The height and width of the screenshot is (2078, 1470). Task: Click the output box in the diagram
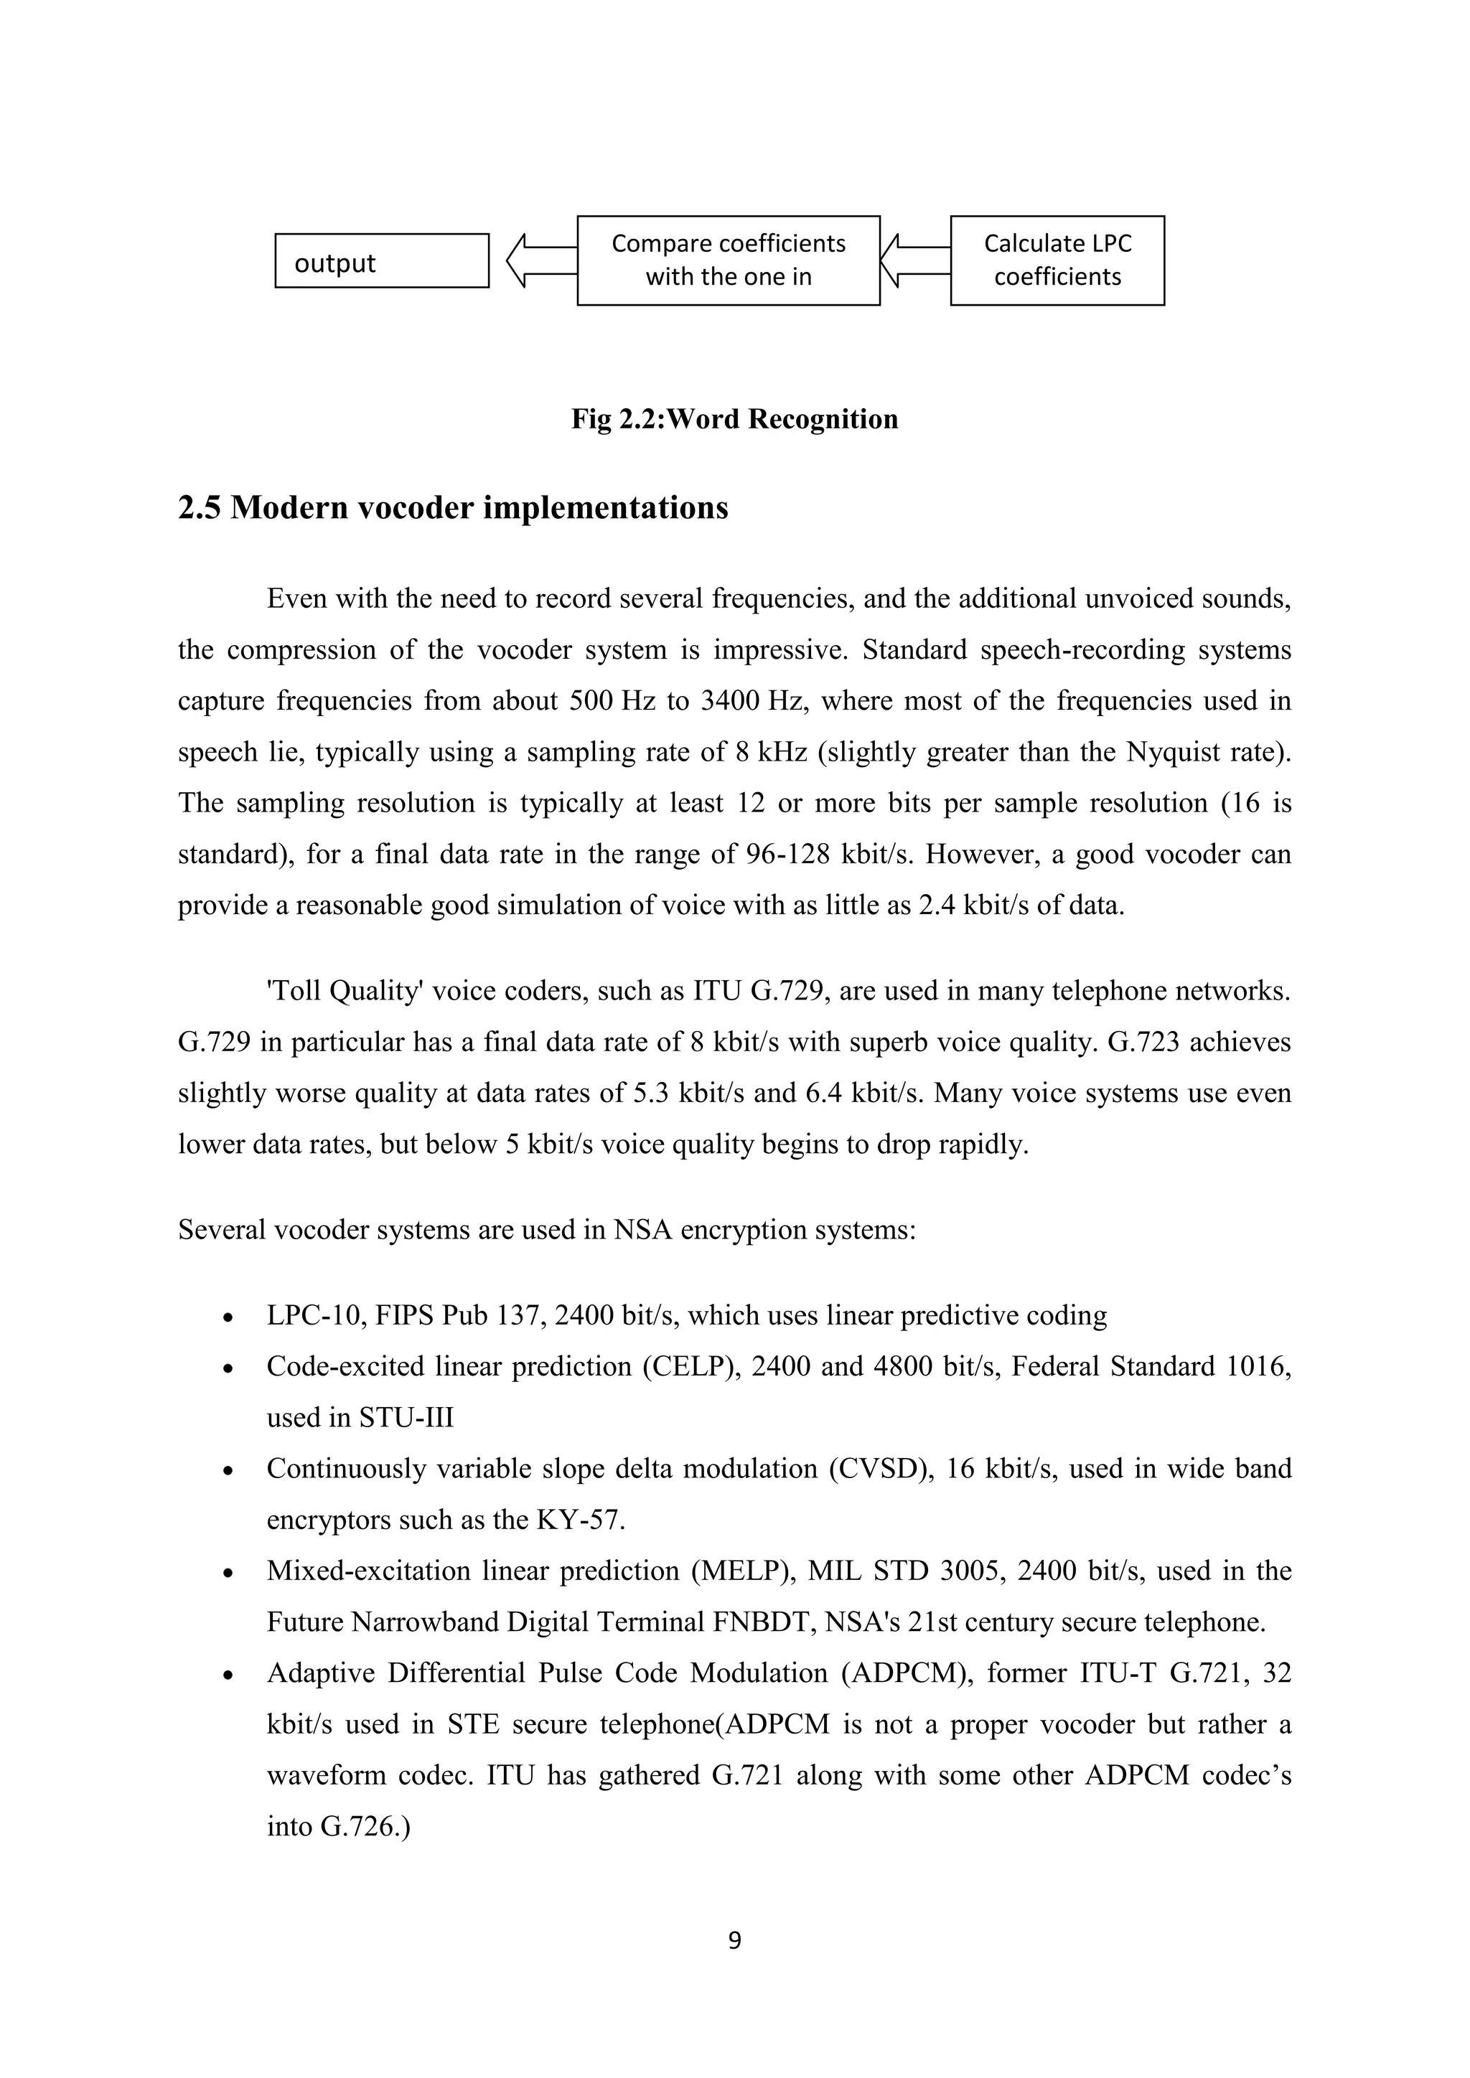tap(381, 260)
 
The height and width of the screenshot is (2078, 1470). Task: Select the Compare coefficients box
tap(728, 260)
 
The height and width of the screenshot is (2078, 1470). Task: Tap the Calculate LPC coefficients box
tap(1057, 260)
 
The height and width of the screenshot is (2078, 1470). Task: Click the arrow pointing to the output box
tap(540, 260)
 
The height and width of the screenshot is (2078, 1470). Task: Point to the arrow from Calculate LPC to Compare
tap(914, 260)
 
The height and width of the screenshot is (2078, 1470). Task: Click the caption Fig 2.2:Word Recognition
tap(734, 419)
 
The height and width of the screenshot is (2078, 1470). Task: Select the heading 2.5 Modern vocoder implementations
tap(453, 508)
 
